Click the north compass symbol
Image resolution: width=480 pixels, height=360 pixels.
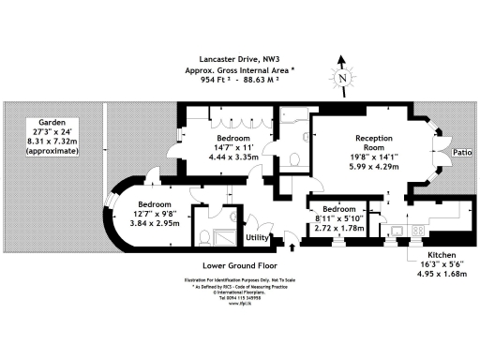343,78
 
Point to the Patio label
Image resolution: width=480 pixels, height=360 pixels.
461,151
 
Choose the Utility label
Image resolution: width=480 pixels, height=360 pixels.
259,238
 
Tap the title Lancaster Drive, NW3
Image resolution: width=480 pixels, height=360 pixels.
241,58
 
